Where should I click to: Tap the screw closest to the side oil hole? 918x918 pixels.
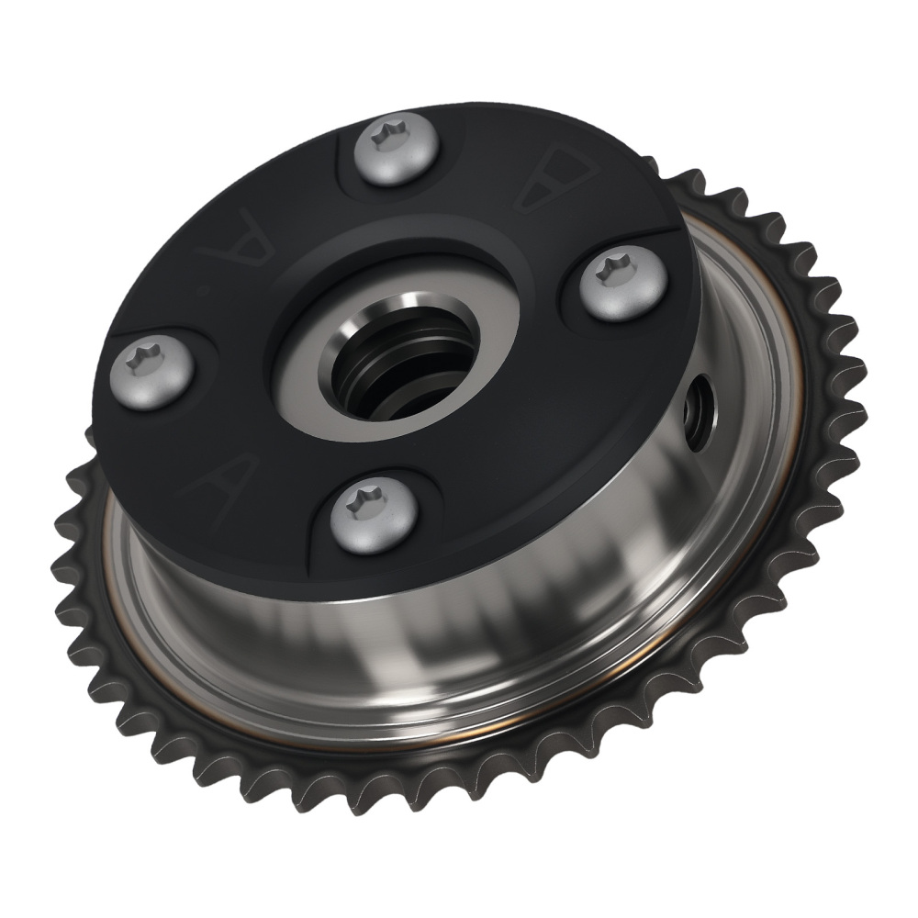(621, 285)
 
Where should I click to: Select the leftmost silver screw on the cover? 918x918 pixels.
(153, 373)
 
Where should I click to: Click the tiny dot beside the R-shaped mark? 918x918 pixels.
(204, 292)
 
